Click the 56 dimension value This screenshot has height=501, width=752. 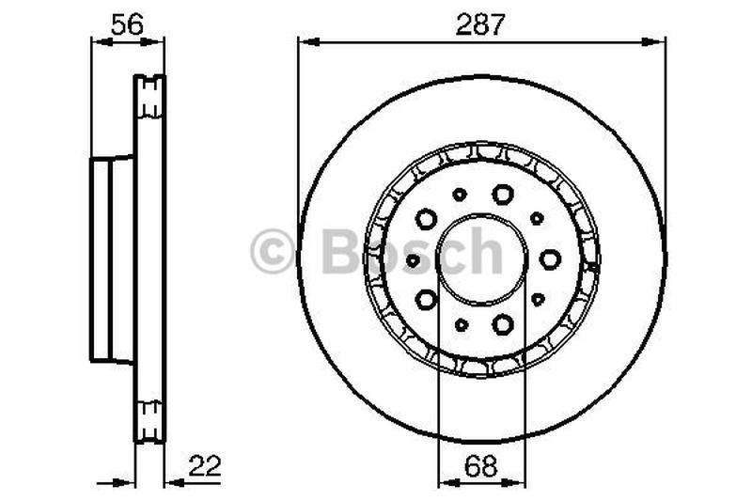pyautogui.click(x=126, y=25)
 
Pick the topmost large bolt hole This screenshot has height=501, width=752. pyautogui.click(x=502, y=194)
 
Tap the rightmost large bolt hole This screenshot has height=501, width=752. pyautogui.click(x=550, y=258)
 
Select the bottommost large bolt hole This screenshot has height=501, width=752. pyautogui.click(x=502, y=324)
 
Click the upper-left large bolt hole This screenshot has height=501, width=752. pyautogui.click(x=426, y=219)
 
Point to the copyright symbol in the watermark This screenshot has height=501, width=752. pyautogui.click(x=273, y=253)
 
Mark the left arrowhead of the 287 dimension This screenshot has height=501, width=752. pyautogui.click(x=305, y=39)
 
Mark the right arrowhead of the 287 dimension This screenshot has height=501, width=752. pyautogui.click(x=657, y=39)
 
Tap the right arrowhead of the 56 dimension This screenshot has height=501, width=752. pyautogui.click(x=157, y=39)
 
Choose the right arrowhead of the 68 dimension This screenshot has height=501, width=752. pyautogui.click(x=517, y=482)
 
